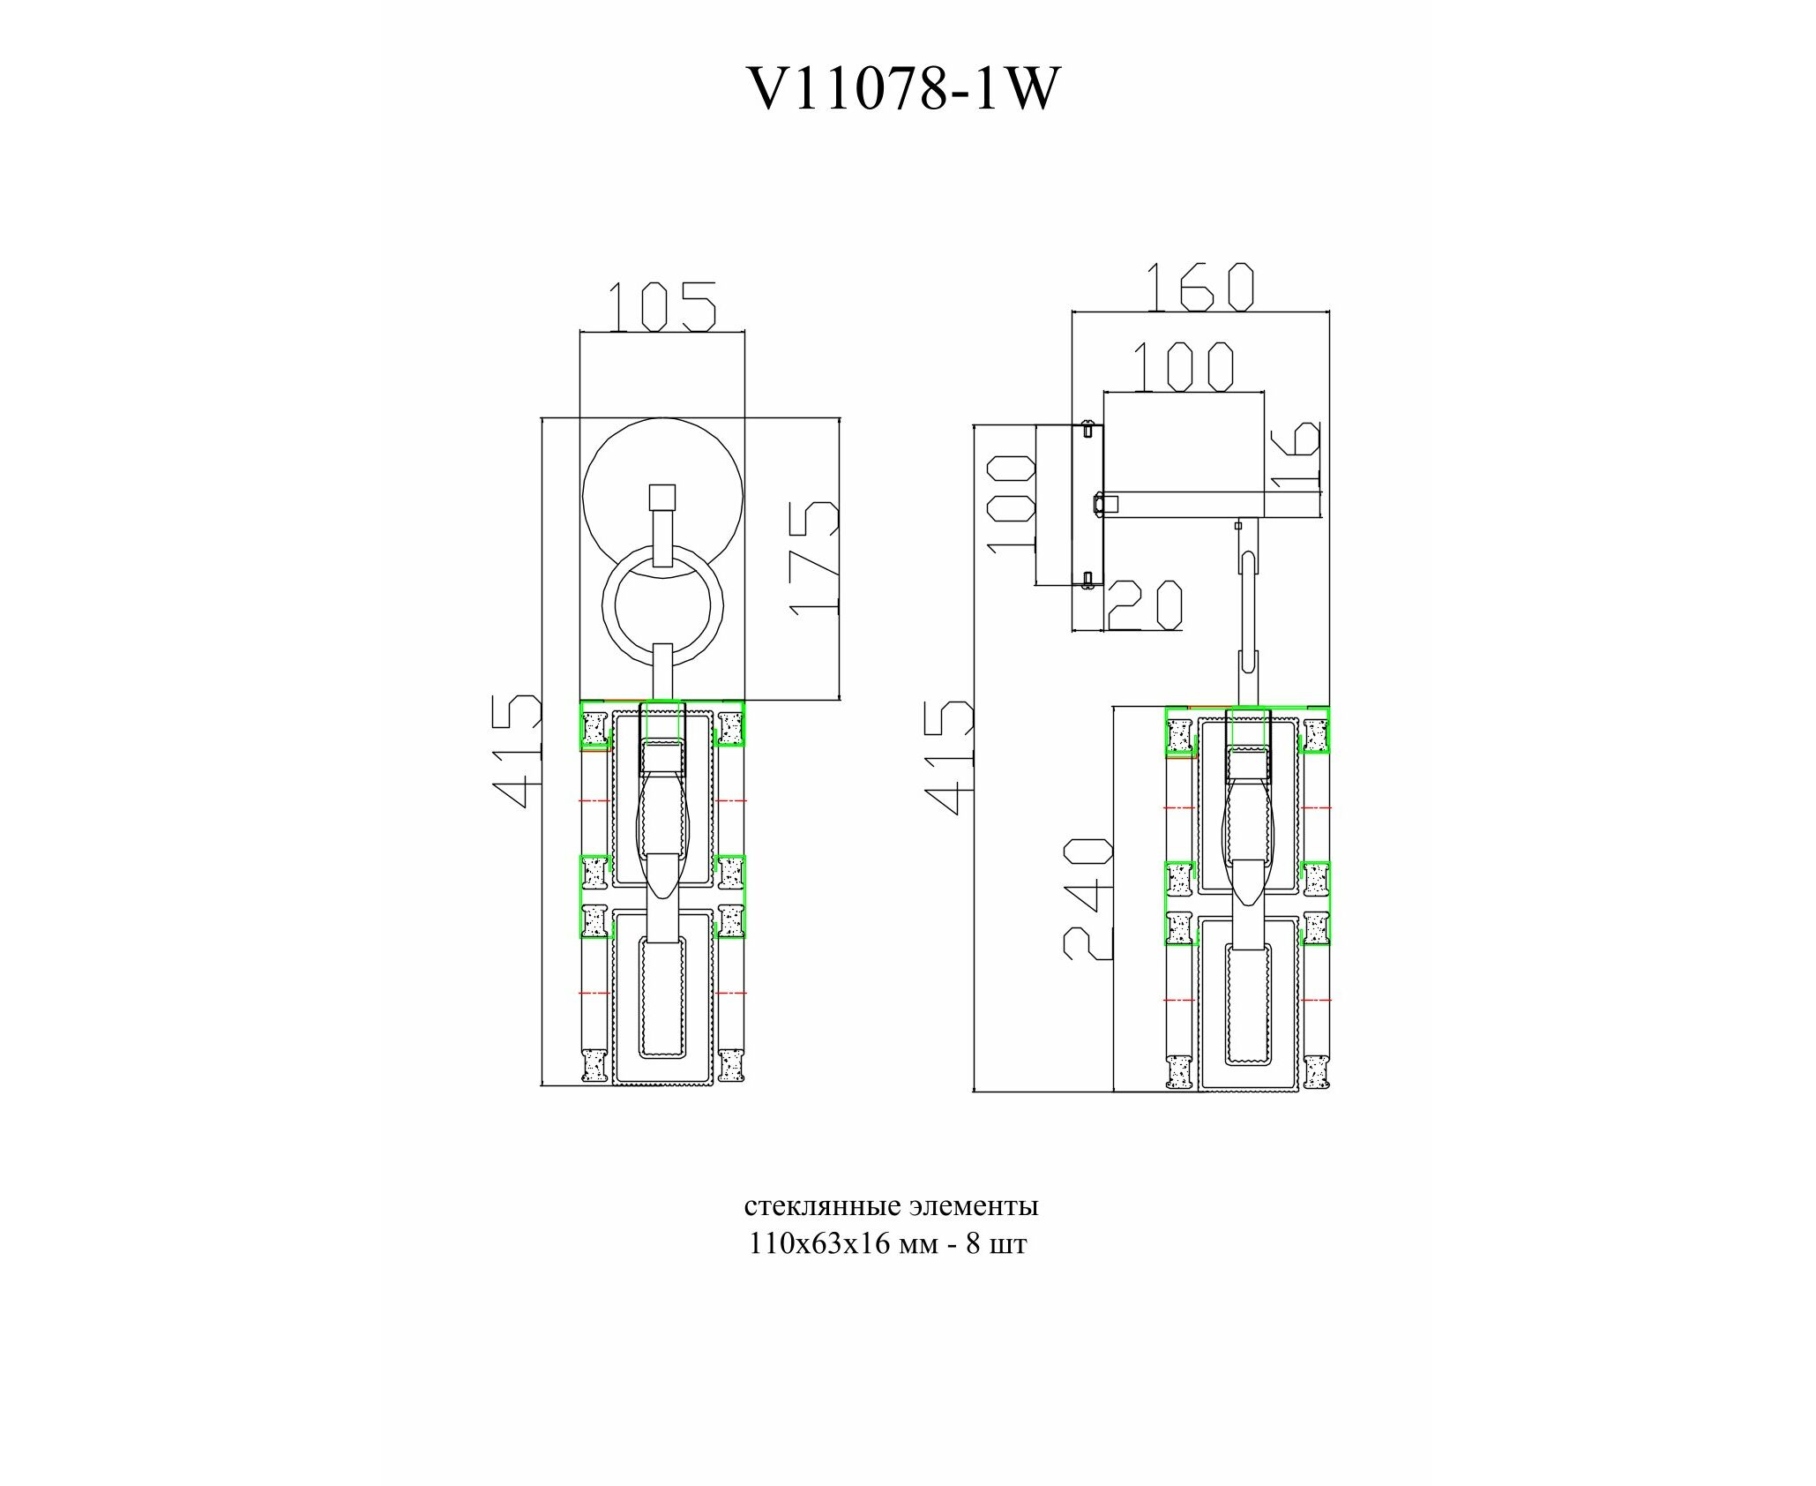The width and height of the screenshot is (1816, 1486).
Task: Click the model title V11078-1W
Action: tap(901, 89)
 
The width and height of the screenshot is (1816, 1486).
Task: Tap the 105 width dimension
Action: tap(661, 307)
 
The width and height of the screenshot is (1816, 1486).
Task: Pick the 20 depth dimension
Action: tap(1145, 605)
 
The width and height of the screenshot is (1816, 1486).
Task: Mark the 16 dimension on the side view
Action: tap(1297, 453)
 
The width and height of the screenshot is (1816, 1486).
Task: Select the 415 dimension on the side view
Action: tap(950, 756)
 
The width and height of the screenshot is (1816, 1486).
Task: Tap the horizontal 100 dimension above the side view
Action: tap(1183, 366)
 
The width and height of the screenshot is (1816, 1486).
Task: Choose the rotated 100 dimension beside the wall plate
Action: tap(1011, 504)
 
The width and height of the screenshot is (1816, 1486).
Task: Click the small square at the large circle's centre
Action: tap(661, 498)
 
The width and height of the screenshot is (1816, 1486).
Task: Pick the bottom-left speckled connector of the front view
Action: tap(594, 1064)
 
